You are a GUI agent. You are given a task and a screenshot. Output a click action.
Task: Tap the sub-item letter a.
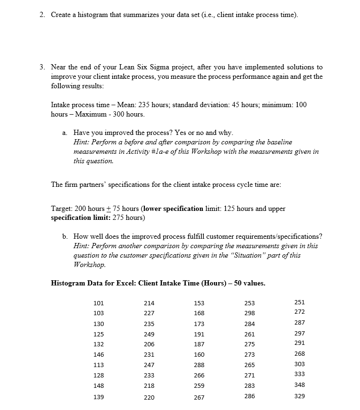pos(65,133)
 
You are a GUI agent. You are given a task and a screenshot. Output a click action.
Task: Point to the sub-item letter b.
pos(65,236)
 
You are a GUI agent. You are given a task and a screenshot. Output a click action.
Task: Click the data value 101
pos(99,303)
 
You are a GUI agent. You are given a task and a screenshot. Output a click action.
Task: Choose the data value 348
pos(299,385)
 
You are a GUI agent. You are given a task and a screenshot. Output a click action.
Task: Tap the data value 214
pos(149,303)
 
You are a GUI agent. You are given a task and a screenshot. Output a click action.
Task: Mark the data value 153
pos(199,303)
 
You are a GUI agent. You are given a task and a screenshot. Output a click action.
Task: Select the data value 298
pos(249,313)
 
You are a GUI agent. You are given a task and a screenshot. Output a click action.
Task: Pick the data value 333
pos(299,375)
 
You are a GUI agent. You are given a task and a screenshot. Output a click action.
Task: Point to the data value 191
pos(199,334)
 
